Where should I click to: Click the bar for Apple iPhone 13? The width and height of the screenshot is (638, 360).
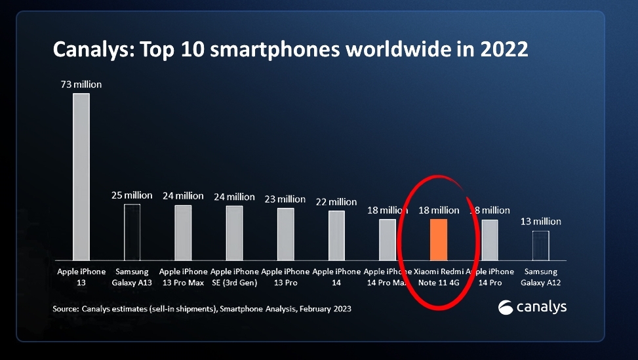point(81,177)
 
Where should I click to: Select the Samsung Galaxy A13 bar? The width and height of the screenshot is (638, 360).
point(132,232)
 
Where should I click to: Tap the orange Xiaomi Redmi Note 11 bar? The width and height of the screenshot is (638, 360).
point(438,239)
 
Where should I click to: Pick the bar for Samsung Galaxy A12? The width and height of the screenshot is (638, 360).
point(540,245)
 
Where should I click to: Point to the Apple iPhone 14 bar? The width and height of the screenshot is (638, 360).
point(336,235)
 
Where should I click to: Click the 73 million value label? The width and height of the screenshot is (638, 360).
point(81,85)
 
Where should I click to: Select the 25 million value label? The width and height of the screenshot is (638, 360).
point(132,195)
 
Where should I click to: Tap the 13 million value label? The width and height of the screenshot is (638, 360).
point(540,222)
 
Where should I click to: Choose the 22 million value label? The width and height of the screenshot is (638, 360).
point(336,201)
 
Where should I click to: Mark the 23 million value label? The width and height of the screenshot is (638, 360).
point(285,199)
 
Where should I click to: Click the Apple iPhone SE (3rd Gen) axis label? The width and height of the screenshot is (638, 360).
point(234,277)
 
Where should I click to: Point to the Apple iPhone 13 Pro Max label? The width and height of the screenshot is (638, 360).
point(184,277)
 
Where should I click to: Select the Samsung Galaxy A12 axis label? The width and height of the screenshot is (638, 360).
point(540,277)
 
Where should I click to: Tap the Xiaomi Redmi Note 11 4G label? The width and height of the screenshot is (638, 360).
point(438,277)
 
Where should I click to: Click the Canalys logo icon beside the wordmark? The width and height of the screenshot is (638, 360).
point(506,307)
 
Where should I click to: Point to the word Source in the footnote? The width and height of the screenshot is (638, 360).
point(64,308)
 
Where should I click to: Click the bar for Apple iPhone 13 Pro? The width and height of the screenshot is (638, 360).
point(285,234)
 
